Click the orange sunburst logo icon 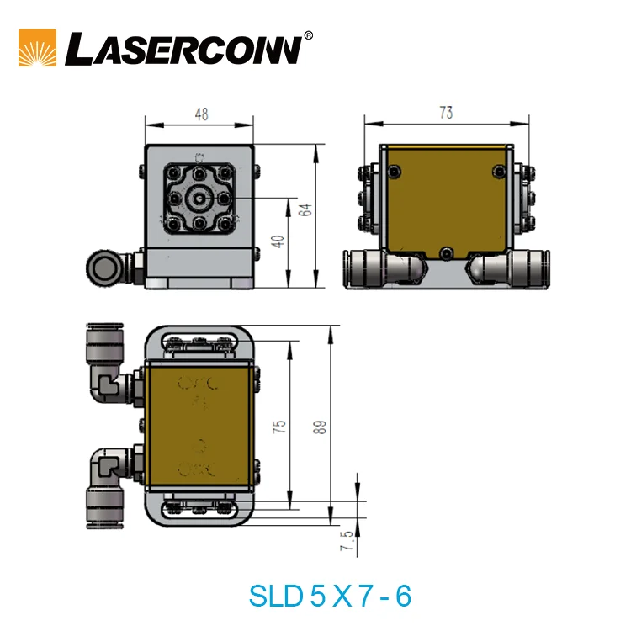point(37,48)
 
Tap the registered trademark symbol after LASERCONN point(308,35)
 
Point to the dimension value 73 point(446,113)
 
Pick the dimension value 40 point(279,241)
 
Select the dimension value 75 point(281,427)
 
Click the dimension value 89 point(319,427)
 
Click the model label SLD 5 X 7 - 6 point(330,596)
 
